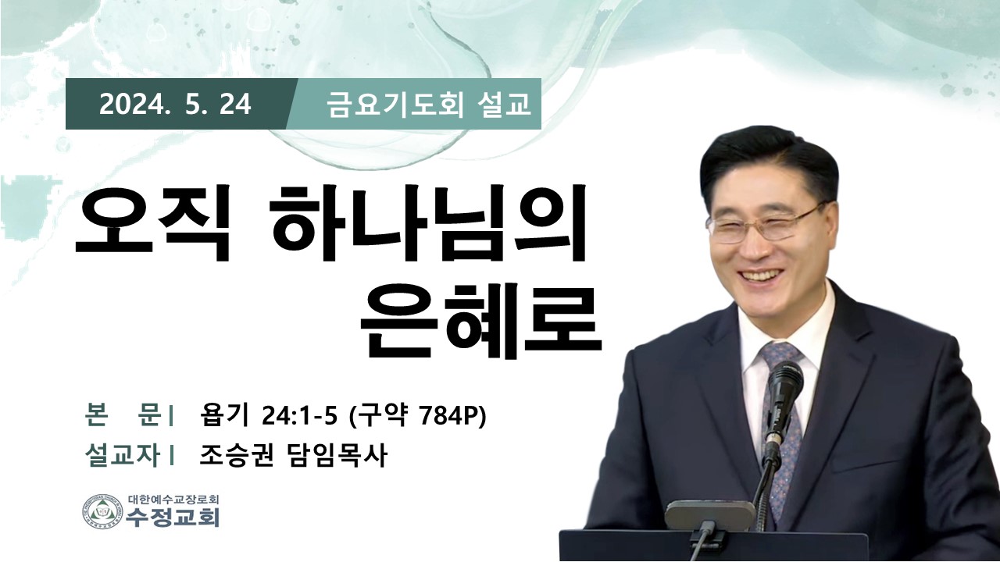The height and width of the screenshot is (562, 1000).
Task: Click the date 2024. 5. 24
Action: tap(175, 105)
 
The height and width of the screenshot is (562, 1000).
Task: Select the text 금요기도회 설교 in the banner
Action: tap(429, 105)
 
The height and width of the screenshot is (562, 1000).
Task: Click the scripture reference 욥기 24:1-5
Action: tap(268, 417)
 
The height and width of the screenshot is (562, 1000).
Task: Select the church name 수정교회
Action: tap(173, 518)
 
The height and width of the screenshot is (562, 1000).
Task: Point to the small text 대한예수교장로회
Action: tap(173, 499)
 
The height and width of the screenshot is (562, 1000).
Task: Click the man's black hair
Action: tap(768, 165)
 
